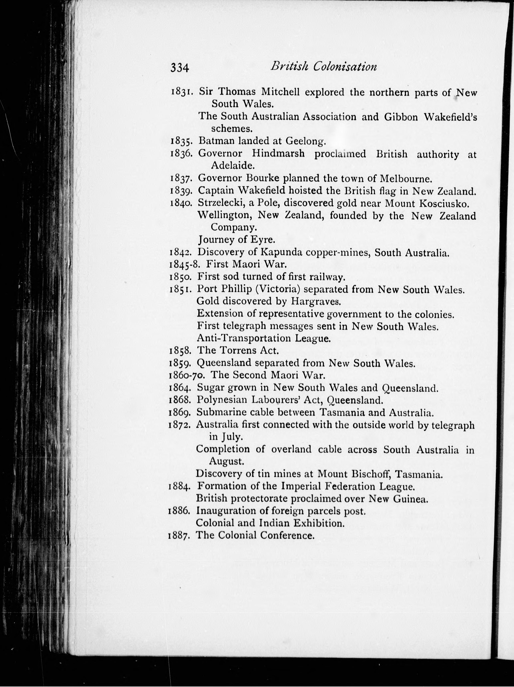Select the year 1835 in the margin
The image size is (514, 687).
(182, 141)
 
